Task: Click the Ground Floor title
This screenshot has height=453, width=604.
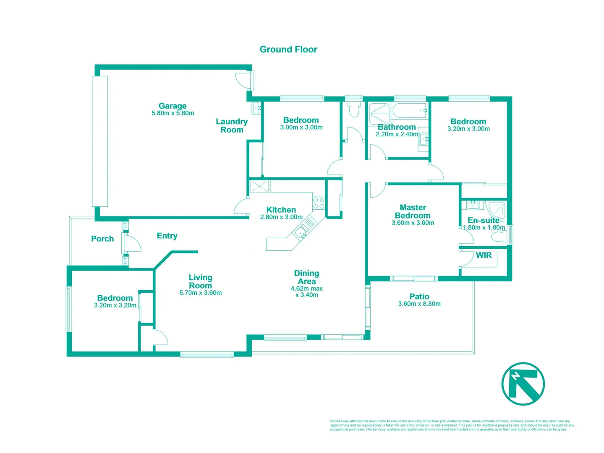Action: click(288, 49)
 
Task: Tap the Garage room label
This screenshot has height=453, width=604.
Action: click(173, 106)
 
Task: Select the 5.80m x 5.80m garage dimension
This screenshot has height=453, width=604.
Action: click(173, 113)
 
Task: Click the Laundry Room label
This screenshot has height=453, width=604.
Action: click(232, 125)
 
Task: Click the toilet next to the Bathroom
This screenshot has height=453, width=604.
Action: click(353, 110)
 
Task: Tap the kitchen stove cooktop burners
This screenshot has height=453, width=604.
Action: click(319, 203)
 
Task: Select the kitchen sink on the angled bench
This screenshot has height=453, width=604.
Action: click(301, 232)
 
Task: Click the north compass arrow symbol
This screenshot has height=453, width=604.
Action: click(523, 384)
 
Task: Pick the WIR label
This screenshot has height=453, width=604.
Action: click(484, 255)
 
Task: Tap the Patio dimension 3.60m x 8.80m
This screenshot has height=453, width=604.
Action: click(419, 304)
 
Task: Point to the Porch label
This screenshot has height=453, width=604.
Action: click(102, 239)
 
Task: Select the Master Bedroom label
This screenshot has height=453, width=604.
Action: click(413, 211)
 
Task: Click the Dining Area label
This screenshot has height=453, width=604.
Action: click(306, 277)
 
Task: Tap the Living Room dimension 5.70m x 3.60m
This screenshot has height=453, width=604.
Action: click(200, 293)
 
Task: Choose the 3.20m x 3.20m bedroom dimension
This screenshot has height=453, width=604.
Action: click(115, 305)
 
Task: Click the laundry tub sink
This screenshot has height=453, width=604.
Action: click(256, 108)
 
